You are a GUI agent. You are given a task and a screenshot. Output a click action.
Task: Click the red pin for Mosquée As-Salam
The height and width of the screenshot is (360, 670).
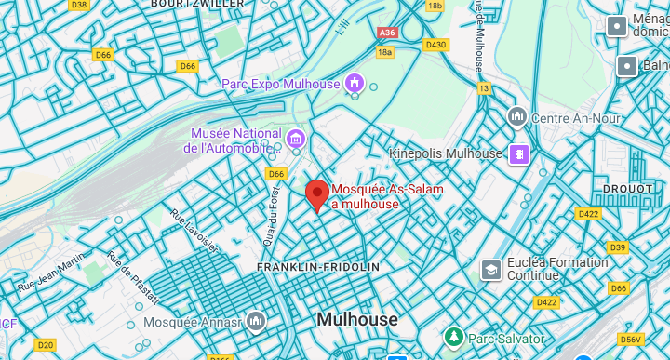pos(317,194)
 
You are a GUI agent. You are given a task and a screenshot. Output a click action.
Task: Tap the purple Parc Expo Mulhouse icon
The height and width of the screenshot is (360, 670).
pos(354,85)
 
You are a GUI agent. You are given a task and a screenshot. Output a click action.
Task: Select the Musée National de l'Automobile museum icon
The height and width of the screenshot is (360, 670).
pos(296,140)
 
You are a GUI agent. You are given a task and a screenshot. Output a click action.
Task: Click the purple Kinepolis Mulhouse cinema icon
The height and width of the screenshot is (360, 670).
pos(518,153)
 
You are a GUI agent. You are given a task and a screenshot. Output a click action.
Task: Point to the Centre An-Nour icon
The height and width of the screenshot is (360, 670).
pos(517,118)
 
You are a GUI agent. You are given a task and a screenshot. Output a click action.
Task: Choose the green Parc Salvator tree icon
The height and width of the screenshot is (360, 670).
pos(453,335)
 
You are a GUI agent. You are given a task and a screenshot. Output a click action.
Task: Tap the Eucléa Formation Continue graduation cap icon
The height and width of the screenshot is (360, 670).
pos(489,269)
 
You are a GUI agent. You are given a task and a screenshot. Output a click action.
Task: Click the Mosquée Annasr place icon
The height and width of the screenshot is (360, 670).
pos(255,322)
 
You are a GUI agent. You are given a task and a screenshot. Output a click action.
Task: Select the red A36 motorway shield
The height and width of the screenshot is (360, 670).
pos(387,33)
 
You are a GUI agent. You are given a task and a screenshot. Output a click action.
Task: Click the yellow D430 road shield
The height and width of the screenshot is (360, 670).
pos(435,45)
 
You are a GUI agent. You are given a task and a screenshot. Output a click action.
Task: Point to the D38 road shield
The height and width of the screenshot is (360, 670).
pos(79,5)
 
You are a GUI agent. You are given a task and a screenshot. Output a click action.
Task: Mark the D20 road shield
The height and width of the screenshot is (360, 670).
pos(45,345)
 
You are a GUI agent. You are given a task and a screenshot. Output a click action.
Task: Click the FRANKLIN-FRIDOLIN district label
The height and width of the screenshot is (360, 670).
pos(318,267)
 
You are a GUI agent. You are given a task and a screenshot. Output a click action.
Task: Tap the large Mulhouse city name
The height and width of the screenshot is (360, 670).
pos(356,319)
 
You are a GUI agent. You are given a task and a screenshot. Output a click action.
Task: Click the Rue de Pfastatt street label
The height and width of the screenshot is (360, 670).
pos(133,278)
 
